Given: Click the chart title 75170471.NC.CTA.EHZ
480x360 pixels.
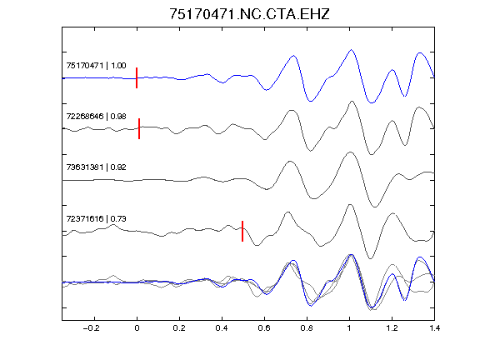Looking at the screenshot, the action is point(249,14).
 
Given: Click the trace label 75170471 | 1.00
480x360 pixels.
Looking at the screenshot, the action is point(96,66).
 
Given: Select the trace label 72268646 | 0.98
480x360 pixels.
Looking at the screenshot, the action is point(96,117).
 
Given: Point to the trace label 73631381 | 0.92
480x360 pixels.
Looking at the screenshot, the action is point(96,167).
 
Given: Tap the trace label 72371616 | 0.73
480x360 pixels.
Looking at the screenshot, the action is point(96,218).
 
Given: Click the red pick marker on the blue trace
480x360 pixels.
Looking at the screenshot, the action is point(137,77).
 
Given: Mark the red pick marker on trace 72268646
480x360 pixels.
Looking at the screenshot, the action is point(139,128).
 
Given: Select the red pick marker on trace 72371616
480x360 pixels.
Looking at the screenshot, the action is point(242,231).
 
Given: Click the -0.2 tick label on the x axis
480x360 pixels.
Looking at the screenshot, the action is point(92,328).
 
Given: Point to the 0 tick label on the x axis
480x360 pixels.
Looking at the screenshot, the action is point(137,328).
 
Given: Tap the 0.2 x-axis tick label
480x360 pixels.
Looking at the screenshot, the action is point(179,328).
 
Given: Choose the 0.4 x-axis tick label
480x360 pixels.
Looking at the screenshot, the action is point(222,328).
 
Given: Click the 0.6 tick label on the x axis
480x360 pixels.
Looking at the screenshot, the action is point(264,328).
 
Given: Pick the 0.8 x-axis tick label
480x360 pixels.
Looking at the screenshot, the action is point(307,328).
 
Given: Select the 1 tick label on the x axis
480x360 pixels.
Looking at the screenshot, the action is point(349,328).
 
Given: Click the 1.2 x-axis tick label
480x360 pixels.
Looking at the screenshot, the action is point(392,328).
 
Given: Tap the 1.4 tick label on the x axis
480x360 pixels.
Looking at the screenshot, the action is point(434,328).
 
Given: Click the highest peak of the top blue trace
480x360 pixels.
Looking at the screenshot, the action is point(351,50).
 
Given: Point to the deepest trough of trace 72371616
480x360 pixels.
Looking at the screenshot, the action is point(370,258).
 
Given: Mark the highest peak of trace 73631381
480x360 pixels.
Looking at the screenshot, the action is point(350,152).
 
